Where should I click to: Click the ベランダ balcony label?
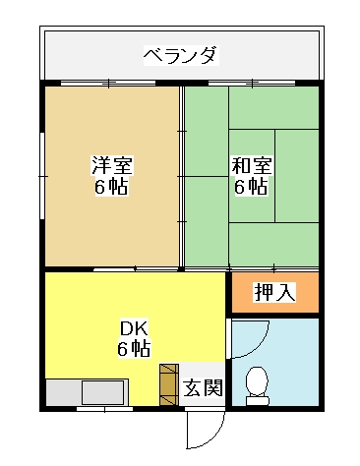click(181, 55)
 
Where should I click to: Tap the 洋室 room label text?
click(112, 165)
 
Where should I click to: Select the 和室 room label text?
click(252, 165)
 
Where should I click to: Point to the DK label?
click(135, 328)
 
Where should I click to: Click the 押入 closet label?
click(275, 292)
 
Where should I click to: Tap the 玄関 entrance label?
click(203, 387)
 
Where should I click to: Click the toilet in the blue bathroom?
click(258, 386)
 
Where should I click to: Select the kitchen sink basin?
click(103, 392)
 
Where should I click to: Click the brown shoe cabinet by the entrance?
click(169, 384)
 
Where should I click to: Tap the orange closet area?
click(275, 292)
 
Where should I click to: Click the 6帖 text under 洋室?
click(111, 187)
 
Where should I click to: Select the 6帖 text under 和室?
click(251, 187)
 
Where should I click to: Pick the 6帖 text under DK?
click(134, 348)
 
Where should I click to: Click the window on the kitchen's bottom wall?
click(105, 409)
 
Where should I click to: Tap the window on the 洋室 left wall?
click(42, 176)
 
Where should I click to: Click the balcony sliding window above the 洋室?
click(108, 84)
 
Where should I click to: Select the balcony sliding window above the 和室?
click(252, 84)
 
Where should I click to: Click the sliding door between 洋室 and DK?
click(136, 269)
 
